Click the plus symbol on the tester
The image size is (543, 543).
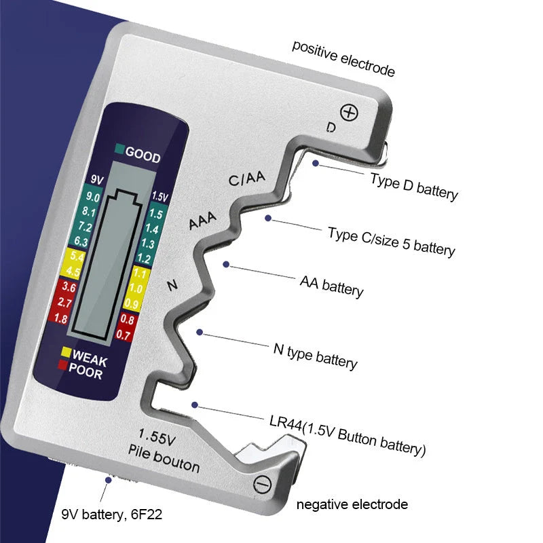pyautogui.click(x=349, y=112)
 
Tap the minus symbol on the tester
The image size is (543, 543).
pyautogui.click(x=261, y=484)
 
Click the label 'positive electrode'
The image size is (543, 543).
pyautogui.click(x=343, y=58)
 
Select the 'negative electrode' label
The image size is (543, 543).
pyautogui.click(x=352, y=504)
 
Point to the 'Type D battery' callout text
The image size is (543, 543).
pyautogui.click(x=414, y=185)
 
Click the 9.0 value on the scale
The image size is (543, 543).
pyautogui.click(x=94, y=198)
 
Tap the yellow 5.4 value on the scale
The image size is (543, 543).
pyautogui.click(x=76, y=258)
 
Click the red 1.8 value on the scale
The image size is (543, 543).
pyautogui.click(x=60, y=318)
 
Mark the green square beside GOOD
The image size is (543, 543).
pyautogui.click(x=119, y=150)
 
